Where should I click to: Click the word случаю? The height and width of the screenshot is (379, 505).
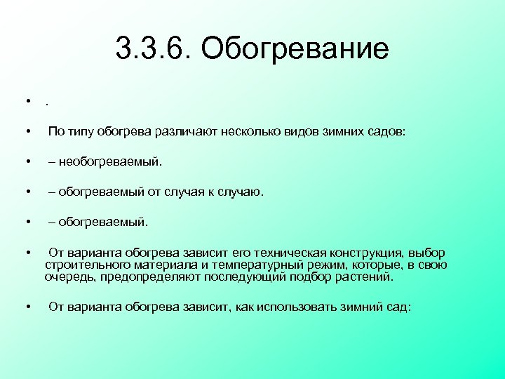242,192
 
